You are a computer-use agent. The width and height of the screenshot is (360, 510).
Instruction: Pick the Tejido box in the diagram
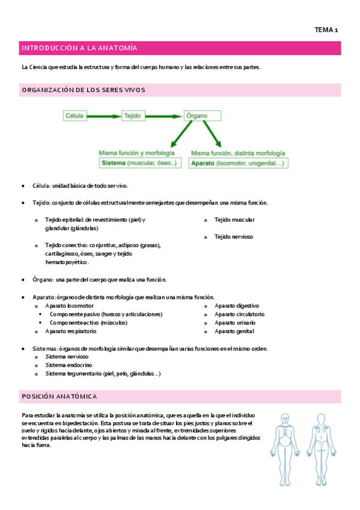click(132, 115)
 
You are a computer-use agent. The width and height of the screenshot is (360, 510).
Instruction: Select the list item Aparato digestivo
click(237, 306)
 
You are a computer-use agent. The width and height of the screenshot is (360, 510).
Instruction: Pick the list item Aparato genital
click(234, 331)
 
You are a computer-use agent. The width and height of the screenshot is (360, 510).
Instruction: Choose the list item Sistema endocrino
click(69, 365)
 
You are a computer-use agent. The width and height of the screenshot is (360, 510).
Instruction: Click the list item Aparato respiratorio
click(70, 331)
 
